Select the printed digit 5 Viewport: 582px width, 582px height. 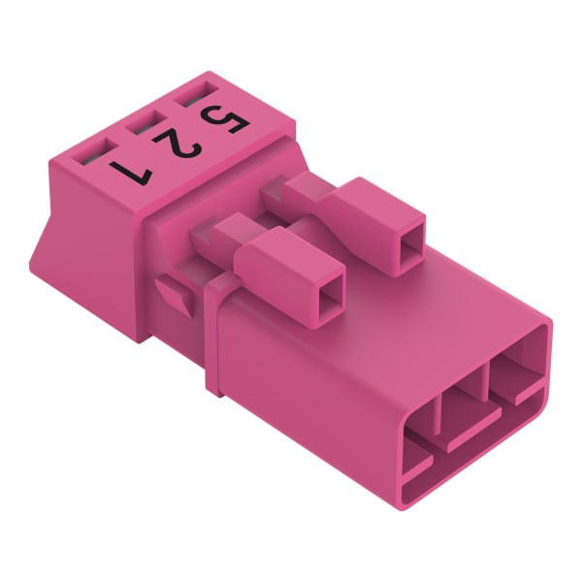[x=224, y=119]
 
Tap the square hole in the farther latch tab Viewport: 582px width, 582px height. [x=411, y=241]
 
